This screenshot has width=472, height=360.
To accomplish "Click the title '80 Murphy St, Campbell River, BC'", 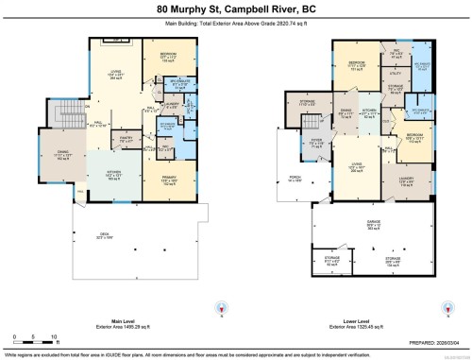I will click(x=235, y=9).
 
